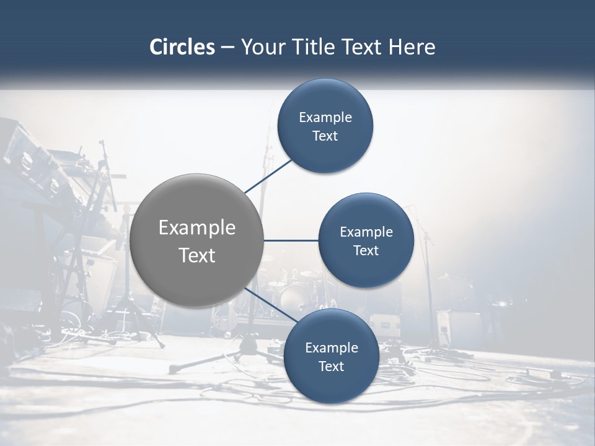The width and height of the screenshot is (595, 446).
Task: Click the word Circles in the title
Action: [x=182, y=47]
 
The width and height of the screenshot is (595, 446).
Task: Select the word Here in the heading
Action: [x=412, y=47]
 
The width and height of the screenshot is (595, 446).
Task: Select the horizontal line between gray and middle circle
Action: [x=291, y=240]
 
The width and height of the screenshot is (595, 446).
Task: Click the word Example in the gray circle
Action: [x=197, y=228]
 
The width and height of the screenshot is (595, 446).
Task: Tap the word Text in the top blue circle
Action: [x=325, y=136]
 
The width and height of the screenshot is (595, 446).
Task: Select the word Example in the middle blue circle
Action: [x=366, y=232]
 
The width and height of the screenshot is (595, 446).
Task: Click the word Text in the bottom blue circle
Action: [x=331, y=366]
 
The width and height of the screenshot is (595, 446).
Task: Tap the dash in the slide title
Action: [x=227, y=47]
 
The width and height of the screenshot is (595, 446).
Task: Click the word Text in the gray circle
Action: [x=197, y=255]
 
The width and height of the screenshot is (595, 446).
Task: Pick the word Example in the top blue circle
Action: [x=325, y=118]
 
